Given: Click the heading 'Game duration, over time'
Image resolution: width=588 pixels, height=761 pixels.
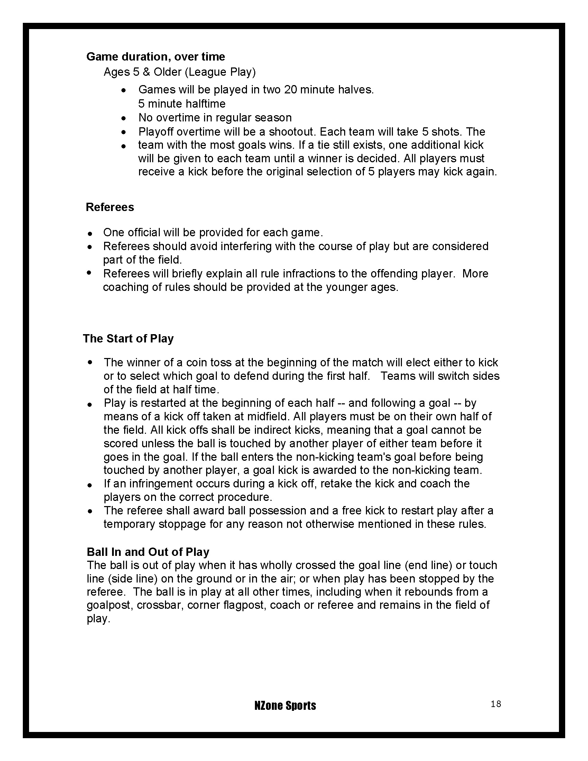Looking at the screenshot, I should click(x=155, y=56).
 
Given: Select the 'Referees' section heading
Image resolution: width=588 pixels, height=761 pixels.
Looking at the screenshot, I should click(x=110, y=207).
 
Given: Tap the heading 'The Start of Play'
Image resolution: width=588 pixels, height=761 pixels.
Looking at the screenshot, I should click(x=128, y=339).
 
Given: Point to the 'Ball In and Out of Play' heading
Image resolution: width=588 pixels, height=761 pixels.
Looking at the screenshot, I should click(x=148, y=552).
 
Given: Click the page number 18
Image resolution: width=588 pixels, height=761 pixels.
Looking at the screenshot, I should click(x=496, y=704).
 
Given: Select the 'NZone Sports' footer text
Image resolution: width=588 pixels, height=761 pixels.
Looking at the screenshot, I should click(x=285, y=706).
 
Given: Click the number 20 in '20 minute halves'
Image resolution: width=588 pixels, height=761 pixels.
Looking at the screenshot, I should click(x=291, y=90).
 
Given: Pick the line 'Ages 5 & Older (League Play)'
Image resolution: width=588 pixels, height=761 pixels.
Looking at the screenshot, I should click(x=180, y=72).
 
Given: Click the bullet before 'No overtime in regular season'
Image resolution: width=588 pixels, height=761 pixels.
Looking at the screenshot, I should click(x=124, y=118).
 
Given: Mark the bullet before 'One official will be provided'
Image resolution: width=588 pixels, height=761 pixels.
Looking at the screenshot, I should click(x=90, y=233).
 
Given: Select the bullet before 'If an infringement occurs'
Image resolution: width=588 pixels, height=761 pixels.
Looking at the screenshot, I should click(x=90, y=485).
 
